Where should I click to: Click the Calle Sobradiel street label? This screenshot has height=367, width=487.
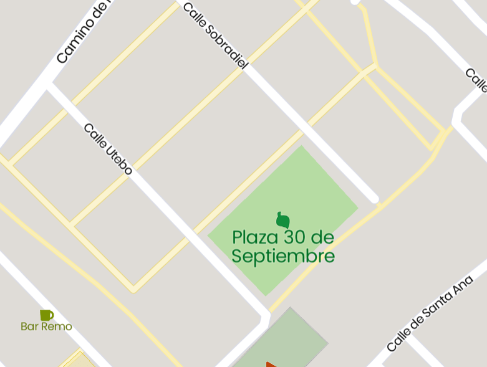click(215, 35)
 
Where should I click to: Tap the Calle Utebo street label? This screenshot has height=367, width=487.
click(108, 149)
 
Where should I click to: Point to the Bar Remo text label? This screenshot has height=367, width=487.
click(46, 326)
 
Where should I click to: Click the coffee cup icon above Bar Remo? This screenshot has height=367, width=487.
click(46, 315)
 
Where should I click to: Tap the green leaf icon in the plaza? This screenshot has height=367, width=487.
click(283, 220)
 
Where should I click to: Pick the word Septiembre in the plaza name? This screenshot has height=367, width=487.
click(283, 256)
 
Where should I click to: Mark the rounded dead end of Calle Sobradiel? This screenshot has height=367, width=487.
click(374, 199)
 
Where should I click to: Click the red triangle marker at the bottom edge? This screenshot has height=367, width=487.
click(271, 364)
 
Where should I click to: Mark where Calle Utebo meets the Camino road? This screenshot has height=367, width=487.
click(49, 84)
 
